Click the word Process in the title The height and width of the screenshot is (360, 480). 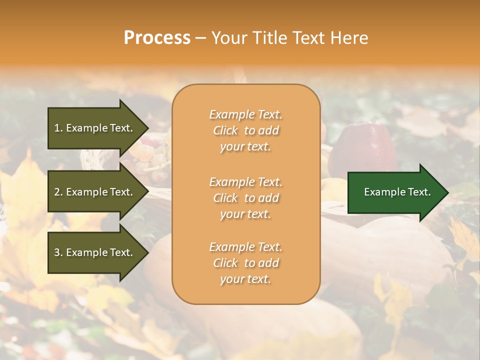coord(157,38)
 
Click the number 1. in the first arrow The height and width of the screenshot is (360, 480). coord(58,128)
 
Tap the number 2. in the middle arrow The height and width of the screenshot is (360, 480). coord(58,192)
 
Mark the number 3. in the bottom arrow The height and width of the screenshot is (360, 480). coord(58,252)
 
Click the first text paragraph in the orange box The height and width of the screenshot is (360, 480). coord(245,130)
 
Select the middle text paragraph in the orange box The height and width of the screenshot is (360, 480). coord(245,198)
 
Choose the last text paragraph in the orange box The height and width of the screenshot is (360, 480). coord(245,263)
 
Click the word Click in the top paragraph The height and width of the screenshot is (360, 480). coord(225,130)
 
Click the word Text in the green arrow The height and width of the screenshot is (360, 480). coord(419,192)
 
